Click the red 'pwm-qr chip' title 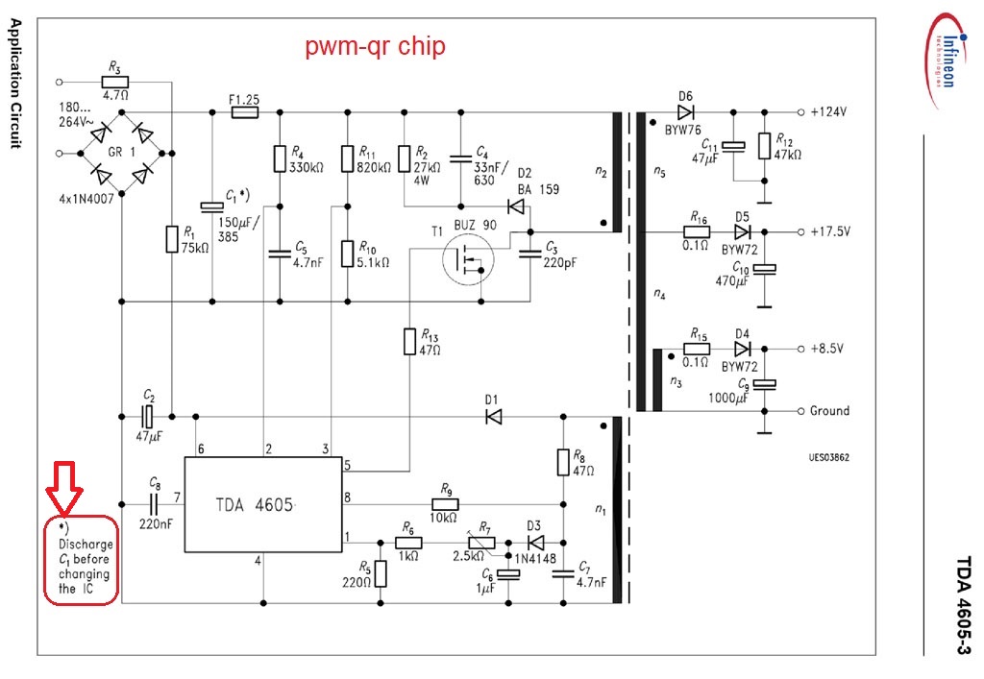point(376,46)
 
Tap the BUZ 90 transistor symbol point(467,258)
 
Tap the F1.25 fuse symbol point(245,112)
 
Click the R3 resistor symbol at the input point(114,82)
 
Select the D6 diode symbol point(685,112)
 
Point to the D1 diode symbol point(494,417)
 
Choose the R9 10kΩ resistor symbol point(444,504)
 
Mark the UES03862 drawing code point(827,458)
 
